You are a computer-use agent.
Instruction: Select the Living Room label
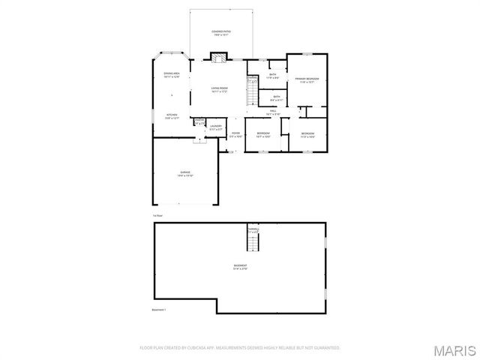219,89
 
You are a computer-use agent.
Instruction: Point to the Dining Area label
172,74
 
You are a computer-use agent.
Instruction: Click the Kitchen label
172,116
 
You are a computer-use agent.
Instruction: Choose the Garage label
185,173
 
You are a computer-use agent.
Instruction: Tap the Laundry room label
216,127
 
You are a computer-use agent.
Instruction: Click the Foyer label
235,134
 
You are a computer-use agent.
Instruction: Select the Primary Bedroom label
307,80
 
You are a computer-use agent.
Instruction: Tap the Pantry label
199,121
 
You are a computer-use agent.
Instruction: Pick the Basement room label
240,268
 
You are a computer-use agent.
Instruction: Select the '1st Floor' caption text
157,215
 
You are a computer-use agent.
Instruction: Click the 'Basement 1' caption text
159,310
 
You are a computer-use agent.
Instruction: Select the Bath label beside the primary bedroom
273,75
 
